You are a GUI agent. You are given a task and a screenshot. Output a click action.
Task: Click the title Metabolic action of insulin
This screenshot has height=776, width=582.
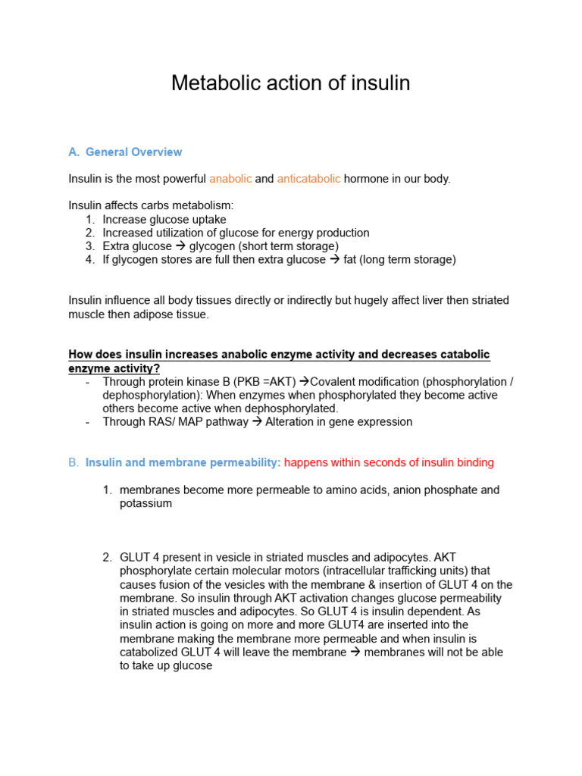point(290,83)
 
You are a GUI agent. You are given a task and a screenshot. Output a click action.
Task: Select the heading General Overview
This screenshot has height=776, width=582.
point(133,152)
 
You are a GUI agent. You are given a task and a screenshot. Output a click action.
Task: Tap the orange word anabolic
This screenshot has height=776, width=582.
point(230,179)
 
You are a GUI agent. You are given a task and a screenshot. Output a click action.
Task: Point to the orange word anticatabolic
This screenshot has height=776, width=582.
point(309,179)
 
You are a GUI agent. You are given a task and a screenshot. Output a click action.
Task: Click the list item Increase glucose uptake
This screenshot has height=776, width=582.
point(164,220)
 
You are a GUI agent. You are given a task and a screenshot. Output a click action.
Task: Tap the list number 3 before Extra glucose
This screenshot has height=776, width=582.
point(89,246)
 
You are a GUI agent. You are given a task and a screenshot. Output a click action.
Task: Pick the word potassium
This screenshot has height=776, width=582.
point(145,503)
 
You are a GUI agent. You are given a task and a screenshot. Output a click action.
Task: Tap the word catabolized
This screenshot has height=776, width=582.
point(151,652)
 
